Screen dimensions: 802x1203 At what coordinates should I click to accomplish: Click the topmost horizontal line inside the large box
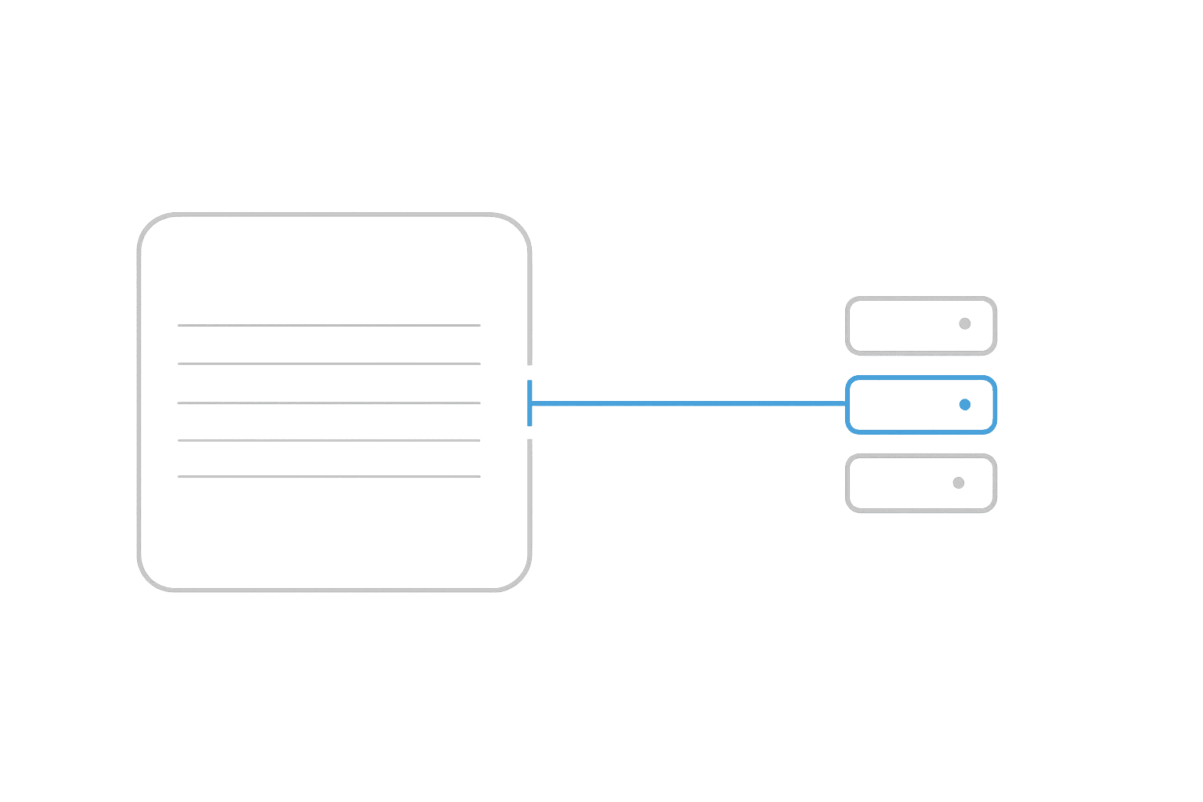pos(329,324)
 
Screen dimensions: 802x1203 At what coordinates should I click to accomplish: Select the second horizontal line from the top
pos(329,363)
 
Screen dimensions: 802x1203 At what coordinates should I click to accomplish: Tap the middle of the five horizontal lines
pos(329,403)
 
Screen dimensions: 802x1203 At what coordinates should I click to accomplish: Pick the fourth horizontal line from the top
pos(329,440)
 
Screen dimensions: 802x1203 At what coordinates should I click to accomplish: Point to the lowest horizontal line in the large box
pos(329,476)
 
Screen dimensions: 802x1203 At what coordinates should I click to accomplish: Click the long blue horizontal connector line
pos(689,403)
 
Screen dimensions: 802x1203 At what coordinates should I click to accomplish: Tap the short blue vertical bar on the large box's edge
pos(530,403)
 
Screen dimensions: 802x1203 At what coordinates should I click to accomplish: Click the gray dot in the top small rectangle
pos(965,323)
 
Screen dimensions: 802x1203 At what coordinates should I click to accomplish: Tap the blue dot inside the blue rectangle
pos(965,404)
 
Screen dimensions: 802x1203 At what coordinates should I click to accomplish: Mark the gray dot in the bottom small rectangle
pos(959,482)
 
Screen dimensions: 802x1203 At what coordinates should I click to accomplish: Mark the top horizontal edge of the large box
pos(334,214)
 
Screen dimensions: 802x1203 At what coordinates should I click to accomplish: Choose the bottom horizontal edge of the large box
pos(334,590)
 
